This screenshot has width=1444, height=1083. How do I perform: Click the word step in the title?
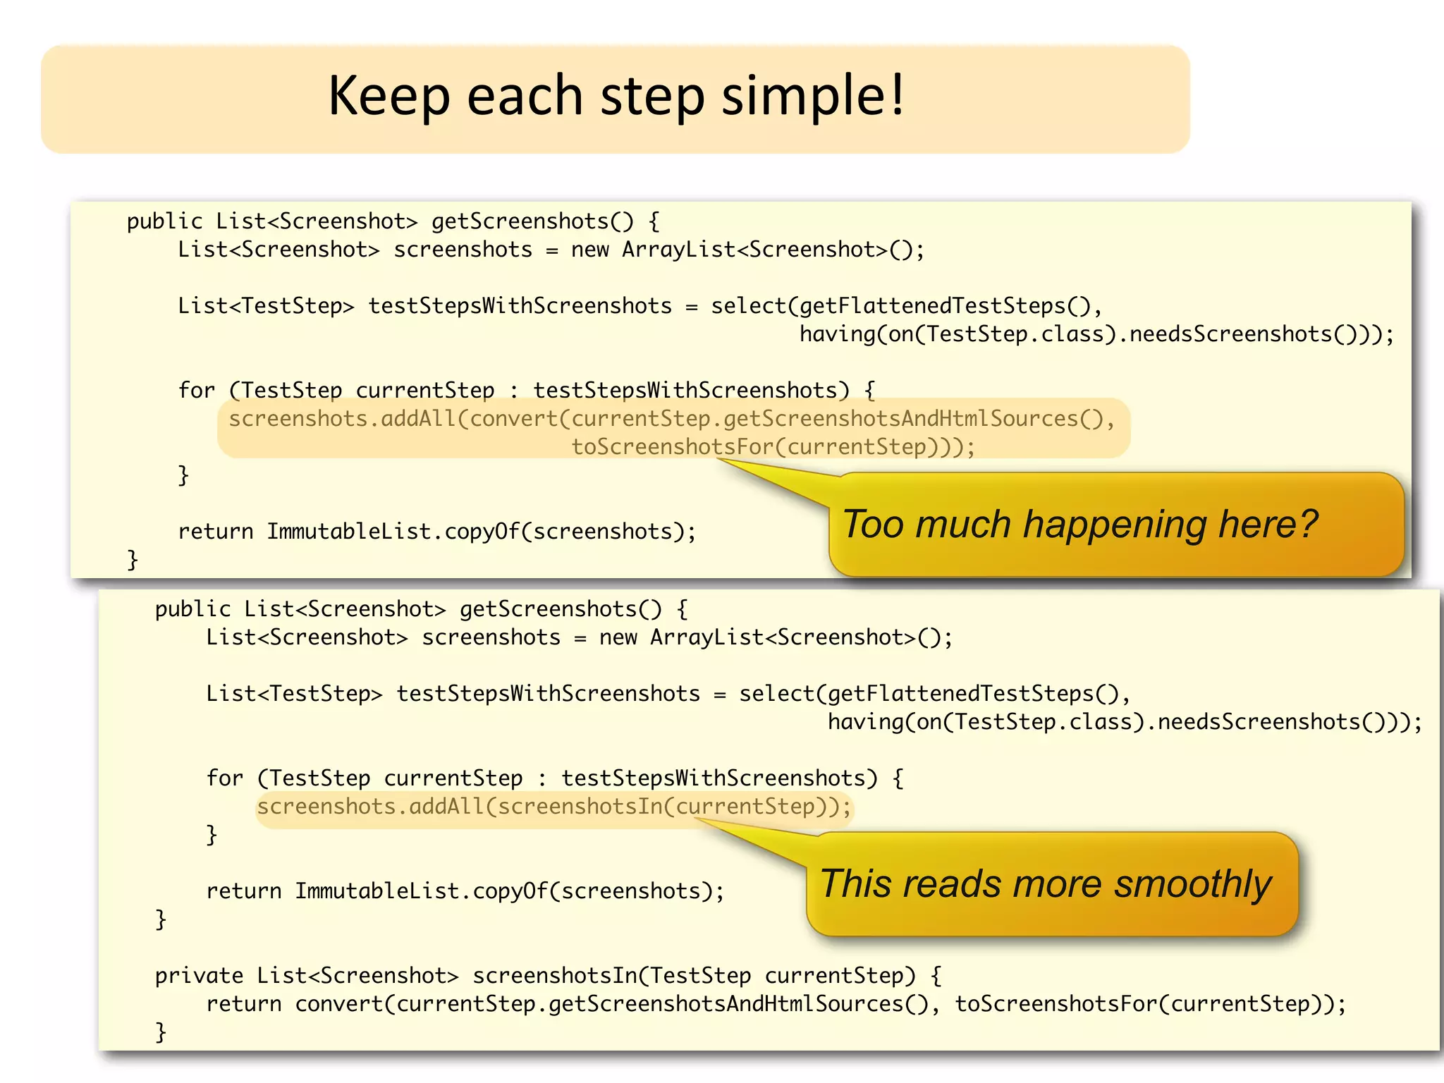pyautogui.click(x=652, y=97)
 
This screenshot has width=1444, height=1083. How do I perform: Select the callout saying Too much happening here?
pyautogui.click(x=1115, y=525)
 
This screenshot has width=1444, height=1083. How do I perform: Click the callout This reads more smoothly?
pyautogui.click(x=1051, y=884)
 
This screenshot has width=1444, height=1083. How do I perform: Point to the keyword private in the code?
pyautogui.click(x=199, y=976)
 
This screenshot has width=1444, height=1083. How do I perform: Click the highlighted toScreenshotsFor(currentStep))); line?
pyautogui.click(x=773, y=447)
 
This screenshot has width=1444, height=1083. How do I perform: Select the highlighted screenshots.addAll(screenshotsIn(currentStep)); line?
pyautogui.click(x=554, y=807)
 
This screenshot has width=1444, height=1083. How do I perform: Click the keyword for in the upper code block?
pyautogui.click(x=196, y=391)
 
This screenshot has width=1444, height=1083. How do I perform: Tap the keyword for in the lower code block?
pyautogui.click(x=224, y=778)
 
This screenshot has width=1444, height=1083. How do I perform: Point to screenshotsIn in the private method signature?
pyautogui.click(x=554, y=976)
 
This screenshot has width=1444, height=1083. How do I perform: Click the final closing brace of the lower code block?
pyautogui.click(x=161, y=1032)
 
